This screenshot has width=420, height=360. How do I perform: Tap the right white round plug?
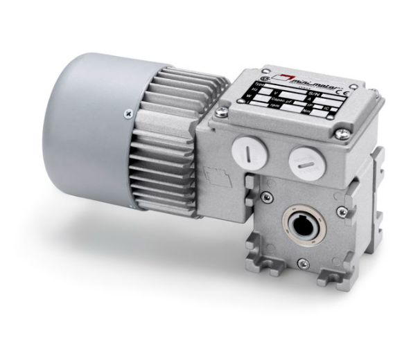click(x=304, y=161)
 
